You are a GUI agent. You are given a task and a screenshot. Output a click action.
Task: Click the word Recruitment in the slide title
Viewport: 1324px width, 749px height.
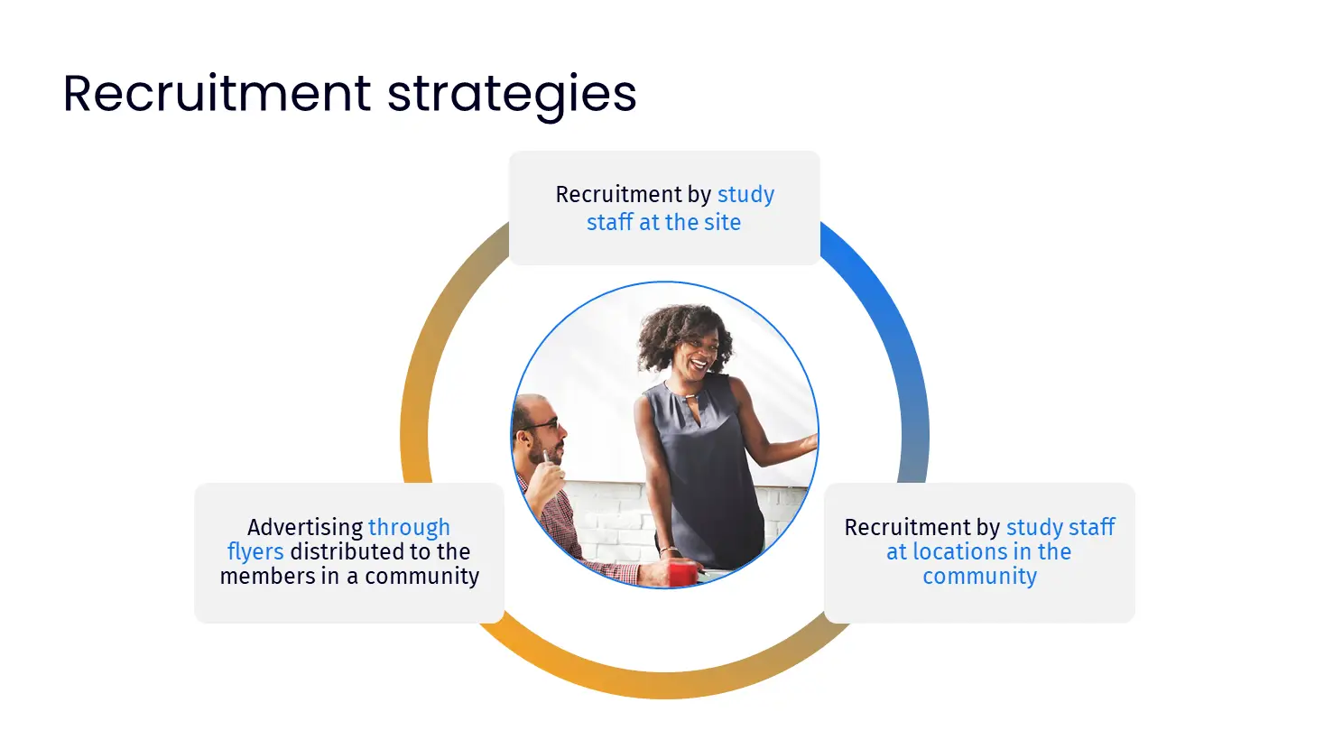pyautogui.click(x=217, y=93)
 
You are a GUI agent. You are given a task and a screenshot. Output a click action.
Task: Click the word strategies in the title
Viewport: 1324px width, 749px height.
pyautogui.click(x=512, y=96)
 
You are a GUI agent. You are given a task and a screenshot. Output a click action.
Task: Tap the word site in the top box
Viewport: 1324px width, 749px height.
pyautogui.click(x=723, y=222)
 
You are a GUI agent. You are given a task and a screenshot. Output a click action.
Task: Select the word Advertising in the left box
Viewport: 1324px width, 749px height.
pyautogui.click(x=305, y=528)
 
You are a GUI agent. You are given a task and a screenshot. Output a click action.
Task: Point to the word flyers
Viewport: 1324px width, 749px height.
pyautogui.click(x=255, y=552)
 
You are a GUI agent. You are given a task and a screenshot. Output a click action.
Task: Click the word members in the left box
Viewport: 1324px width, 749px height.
pyautogui.click(x=268, y=577)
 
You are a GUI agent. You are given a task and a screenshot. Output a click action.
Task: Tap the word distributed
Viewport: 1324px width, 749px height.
pyautogui.click(x=347, y=551)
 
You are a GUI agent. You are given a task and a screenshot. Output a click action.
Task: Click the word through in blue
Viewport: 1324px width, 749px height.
pyautogui.click(x=409, y=528)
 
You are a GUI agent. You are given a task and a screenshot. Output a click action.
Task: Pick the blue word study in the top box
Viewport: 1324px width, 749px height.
pyautogui.click(x=745, y=195)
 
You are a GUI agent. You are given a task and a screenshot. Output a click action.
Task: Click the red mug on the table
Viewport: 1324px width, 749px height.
pyautogui.click(x=682, y=573)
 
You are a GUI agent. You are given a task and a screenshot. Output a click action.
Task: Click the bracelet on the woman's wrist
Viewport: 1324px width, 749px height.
pyautogui.click(x=669, y=550)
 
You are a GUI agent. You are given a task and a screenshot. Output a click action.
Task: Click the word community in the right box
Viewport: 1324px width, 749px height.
pyautogui.click(x=980, y=577)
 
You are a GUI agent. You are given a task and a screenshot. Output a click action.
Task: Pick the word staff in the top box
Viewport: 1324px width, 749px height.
pyautogui.click(x=610, y=222)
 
